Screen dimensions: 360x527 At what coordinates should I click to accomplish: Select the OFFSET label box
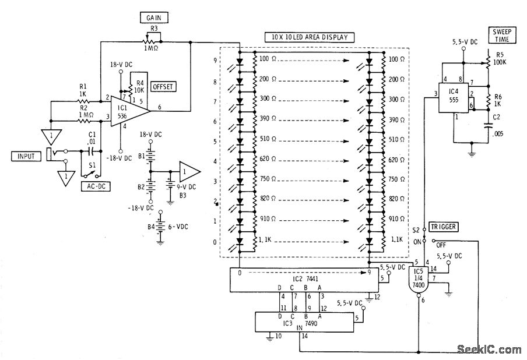click(x=163, y=87)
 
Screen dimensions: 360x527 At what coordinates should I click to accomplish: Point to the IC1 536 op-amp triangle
click(x=126, y=110)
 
